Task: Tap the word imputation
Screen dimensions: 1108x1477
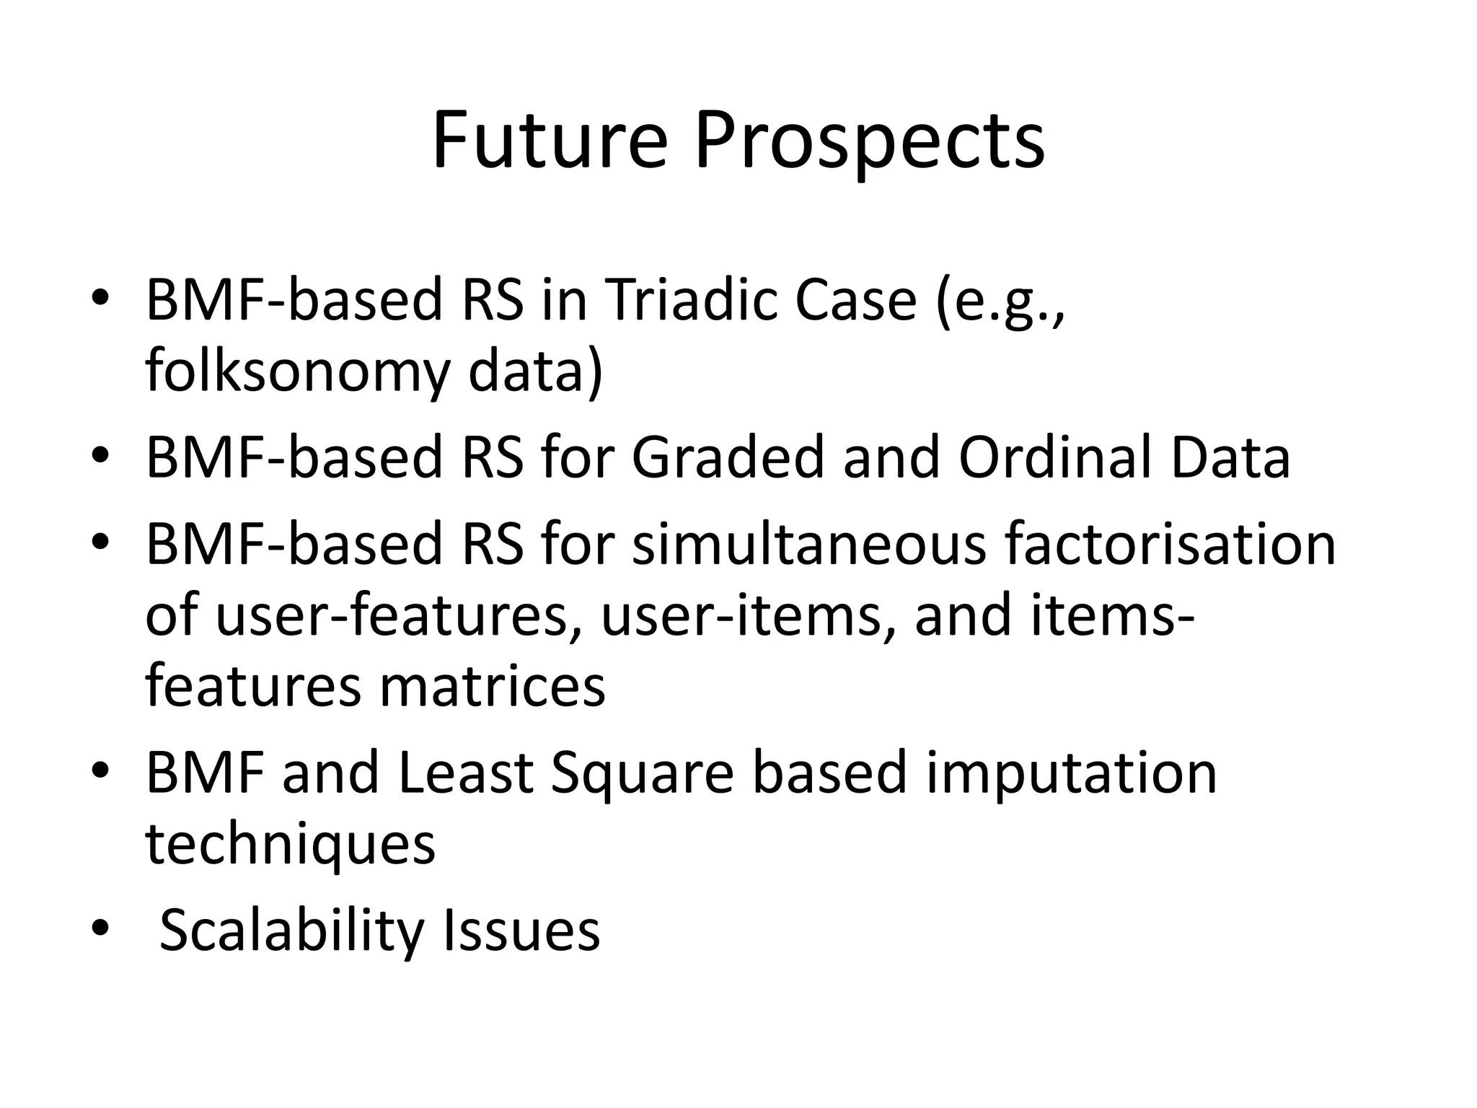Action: [x=1072, y=773]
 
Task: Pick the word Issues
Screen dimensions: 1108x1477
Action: [x=521, y=931]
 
